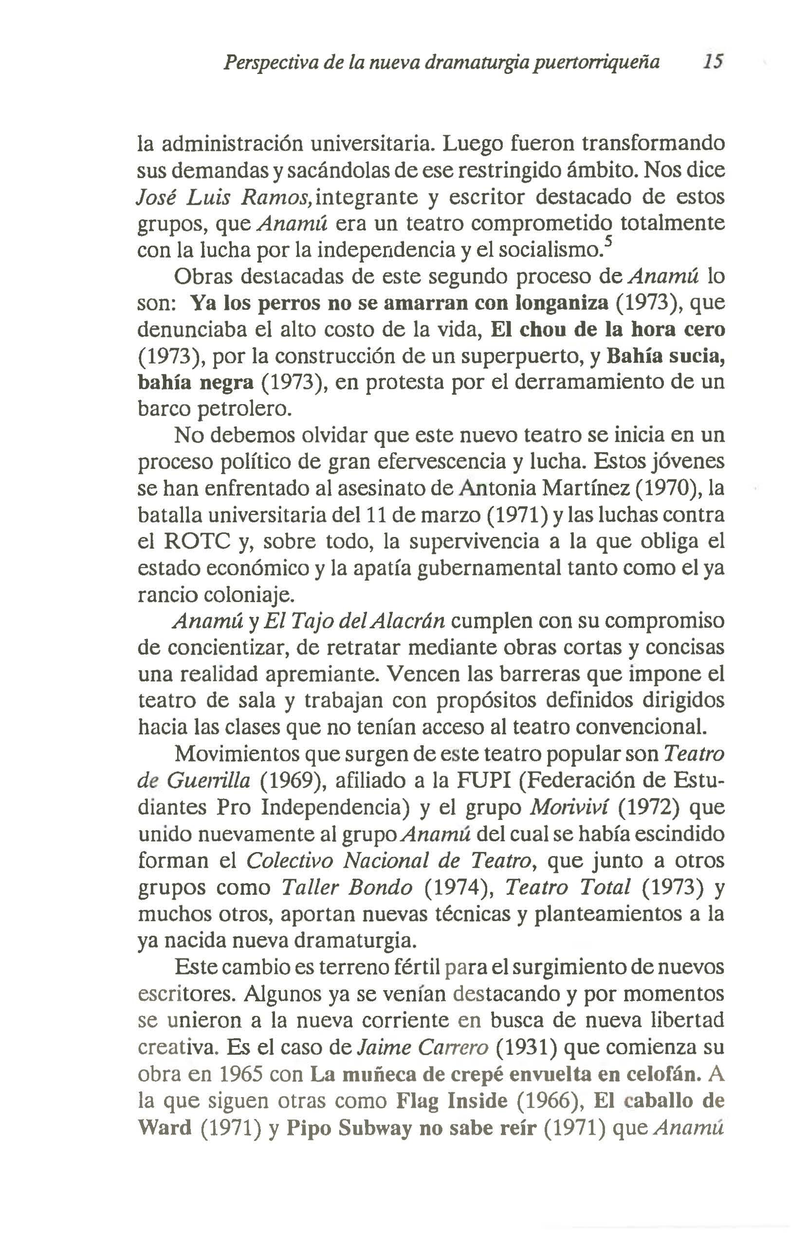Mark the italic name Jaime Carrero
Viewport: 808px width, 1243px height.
coord(423,1047)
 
